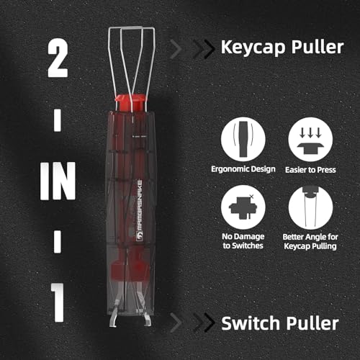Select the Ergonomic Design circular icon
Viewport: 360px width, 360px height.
[x=243, y=140]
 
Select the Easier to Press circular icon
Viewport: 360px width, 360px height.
[x=307, y=140]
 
